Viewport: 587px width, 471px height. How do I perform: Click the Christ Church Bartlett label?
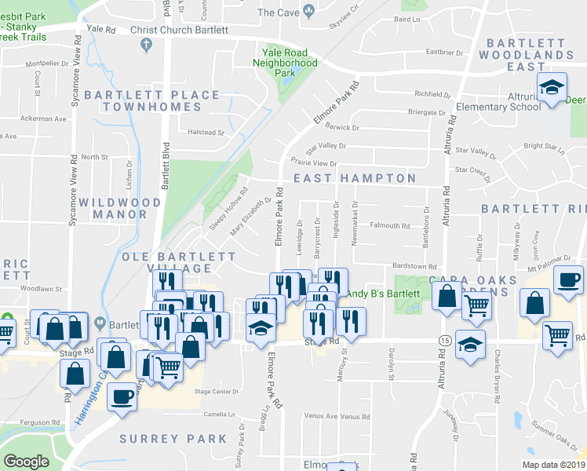click(179, 30)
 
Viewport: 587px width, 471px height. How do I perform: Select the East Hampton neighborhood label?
click(355, 179)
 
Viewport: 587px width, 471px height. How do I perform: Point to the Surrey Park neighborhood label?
click(173, 439)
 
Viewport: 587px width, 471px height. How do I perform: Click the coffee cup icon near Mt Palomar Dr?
click(568, 279)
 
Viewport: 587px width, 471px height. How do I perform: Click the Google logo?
click(26, 462)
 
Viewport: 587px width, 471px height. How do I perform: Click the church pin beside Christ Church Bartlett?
click(145, 46)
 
